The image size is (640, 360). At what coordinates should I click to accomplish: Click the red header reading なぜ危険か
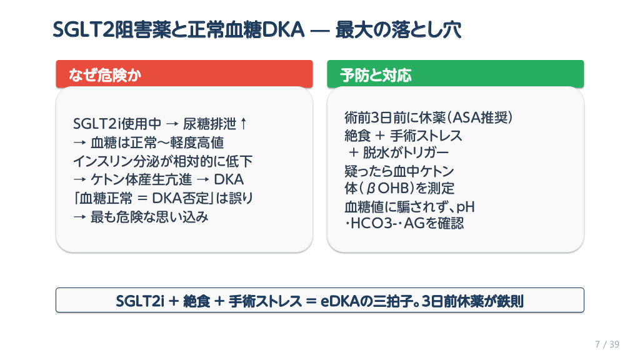[184, 74]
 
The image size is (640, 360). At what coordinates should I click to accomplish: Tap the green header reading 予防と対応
[455, 74]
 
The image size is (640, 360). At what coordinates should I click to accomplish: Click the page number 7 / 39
[607, 344]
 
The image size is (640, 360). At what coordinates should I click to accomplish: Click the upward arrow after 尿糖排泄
[244, 123]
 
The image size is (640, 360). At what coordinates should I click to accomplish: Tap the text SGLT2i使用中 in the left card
[117, 124]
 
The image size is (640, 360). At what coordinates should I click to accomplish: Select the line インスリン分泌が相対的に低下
[163, 161]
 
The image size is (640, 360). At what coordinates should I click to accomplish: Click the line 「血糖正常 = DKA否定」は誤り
[163, 198]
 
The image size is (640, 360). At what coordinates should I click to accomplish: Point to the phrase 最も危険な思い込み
[150, 217]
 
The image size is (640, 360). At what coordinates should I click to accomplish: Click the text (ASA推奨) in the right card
[480, 117]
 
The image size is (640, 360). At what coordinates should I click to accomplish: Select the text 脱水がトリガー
[406, 152]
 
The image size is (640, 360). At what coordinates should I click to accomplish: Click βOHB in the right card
[387, 189]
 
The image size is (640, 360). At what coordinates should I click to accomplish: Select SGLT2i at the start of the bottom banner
[140, 301]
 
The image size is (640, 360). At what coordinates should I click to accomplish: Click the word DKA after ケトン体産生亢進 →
[229, 179]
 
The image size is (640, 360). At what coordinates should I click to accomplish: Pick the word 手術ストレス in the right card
[426, 136]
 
